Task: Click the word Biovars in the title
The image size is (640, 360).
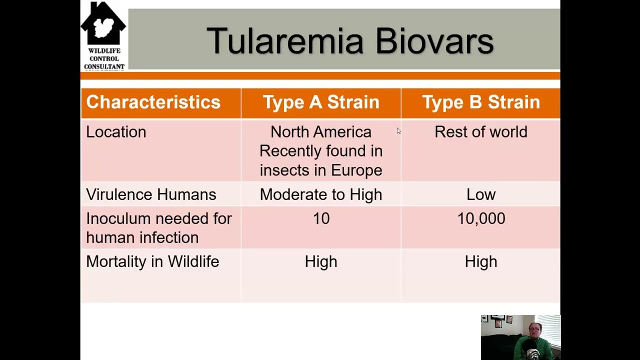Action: click(434, 41)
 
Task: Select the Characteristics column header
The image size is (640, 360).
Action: click(153, 102)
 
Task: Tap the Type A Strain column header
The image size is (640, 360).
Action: click(321, 102)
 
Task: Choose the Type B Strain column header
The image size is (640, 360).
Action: click(481, 102)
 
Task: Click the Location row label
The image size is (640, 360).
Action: click(116, 132)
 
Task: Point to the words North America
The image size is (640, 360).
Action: click(321, 132)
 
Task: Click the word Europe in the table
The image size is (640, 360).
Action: click(356, 170)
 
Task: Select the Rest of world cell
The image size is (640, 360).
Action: click(481, 132)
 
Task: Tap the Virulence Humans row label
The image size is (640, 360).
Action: click(151, 194)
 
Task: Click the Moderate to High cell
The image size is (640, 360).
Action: click(321, 194)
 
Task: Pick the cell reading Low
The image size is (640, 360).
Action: click(481, 194)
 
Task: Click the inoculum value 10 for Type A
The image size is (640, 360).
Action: click(321, 218)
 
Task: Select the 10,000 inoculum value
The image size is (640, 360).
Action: click(481, 218)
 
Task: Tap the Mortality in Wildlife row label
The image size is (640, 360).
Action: click(152, 261)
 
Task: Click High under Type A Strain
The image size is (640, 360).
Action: click(321, 261)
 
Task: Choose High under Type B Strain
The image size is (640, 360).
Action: click(481, 261)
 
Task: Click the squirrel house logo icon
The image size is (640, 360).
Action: click(103, 25)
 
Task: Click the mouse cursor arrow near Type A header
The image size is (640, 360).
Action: click(398, 131)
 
